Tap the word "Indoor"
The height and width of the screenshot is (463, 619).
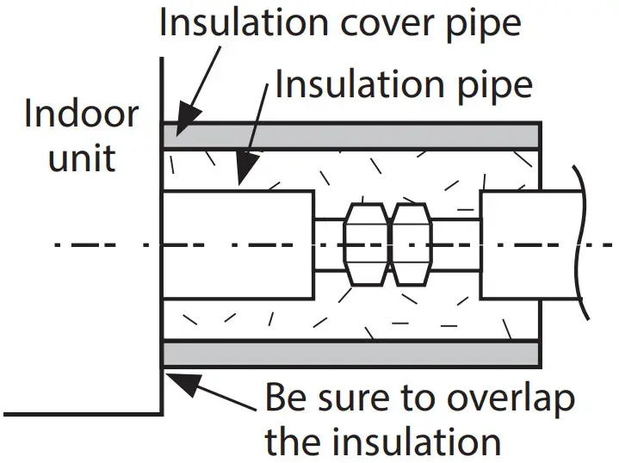[81, 114]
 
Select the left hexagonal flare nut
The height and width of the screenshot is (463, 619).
[365, 245]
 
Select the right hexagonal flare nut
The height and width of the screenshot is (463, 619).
[412, 245]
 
